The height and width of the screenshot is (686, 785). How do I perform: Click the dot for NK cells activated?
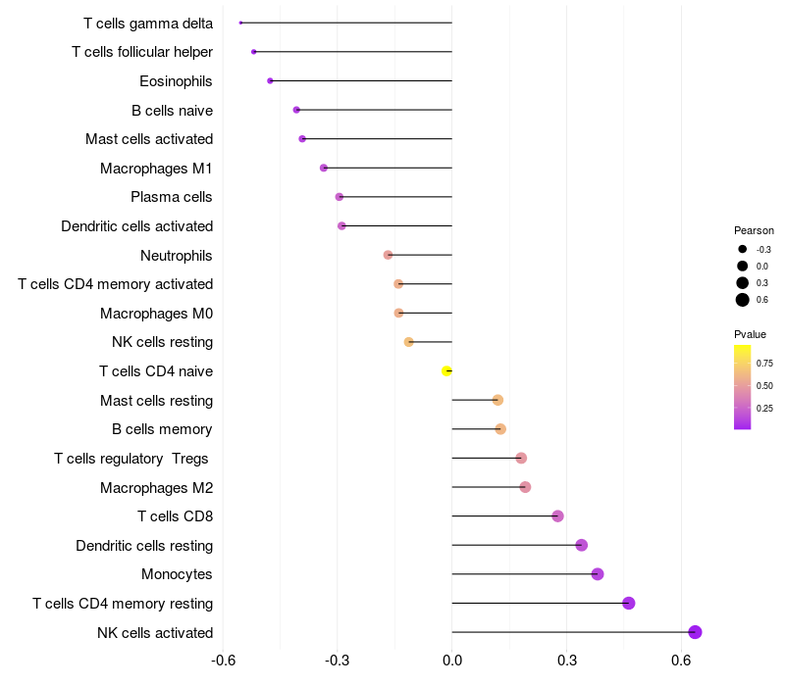point(695,632)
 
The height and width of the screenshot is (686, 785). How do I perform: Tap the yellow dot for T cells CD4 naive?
point(446,370)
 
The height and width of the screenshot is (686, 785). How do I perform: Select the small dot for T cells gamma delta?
point(240,23)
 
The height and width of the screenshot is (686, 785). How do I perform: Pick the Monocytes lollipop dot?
point(598,574)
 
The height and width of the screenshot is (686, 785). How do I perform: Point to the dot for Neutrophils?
point(388,255)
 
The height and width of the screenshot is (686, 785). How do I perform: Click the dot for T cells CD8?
point(557,516)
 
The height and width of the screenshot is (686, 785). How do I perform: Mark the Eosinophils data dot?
point(270,80)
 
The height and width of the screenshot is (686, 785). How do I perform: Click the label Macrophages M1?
point(156,169)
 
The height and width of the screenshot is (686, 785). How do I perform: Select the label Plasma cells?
point(172,197)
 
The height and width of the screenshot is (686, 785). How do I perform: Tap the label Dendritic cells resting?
point(144,545)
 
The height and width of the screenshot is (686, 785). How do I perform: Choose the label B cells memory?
point(162,429)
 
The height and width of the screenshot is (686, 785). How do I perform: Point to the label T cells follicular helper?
point(142,52)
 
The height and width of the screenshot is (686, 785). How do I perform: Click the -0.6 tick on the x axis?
point(224,661)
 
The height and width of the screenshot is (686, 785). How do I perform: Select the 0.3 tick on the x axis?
point(566,661)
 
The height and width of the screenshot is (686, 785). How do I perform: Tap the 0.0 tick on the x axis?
point(452,661)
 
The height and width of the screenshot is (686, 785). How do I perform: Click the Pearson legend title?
point(754,230)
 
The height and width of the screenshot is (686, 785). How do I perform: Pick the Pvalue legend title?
point(751,334)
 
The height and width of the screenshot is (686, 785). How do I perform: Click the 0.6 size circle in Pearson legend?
point(743,300)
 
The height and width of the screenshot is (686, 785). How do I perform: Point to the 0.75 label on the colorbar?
point(764,363)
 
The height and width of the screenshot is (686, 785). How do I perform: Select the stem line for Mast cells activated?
point(378,139)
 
